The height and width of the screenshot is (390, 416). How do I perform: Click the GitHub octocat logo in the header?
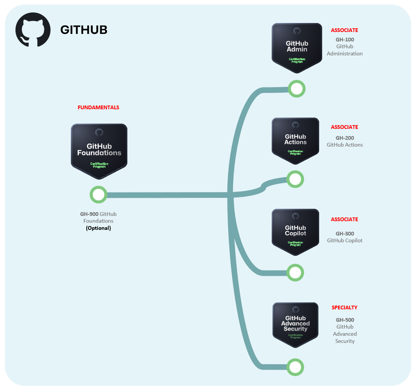[x=33, y=30]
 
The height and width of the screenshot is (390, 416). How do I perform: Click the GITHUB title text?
[x=84, y=30]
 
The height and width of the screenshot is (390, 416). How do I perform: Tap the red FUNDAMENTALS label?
[x=98, y=107]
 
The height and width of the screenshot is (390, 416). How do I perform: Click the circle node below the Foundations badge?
[x=98, y=195]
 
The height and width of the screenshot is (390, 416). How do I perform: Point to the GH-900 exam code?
[x=89, y=214]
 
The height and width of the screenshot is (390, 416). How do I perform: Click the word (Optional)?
[x=98, y=228]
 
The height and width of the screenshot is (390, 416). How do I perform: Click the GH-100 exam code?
[x=345, y=40]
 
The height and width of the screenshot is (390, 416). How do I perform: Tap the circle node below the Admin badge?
[x=297, y=89]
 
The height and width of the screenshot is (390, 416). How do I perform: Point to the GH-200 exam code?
[x=345, y=138]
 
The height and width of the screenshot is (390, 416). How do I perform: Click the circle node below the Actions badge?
[x=295, y=179]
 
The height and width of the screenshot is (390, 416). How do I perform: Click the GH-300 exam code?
[x=345, y=234]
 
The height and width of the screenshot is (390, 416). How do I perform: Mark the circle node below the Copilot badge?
[x=295, y=272]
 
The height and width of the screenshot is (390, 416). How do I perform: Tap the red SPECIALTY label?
[x=344, y=307]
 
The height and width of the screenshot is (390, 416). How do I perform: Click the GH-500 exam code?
[x=345, y=320]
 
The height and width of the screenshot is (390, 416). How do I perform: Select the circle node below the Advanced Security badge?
[x=295, y=367]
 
